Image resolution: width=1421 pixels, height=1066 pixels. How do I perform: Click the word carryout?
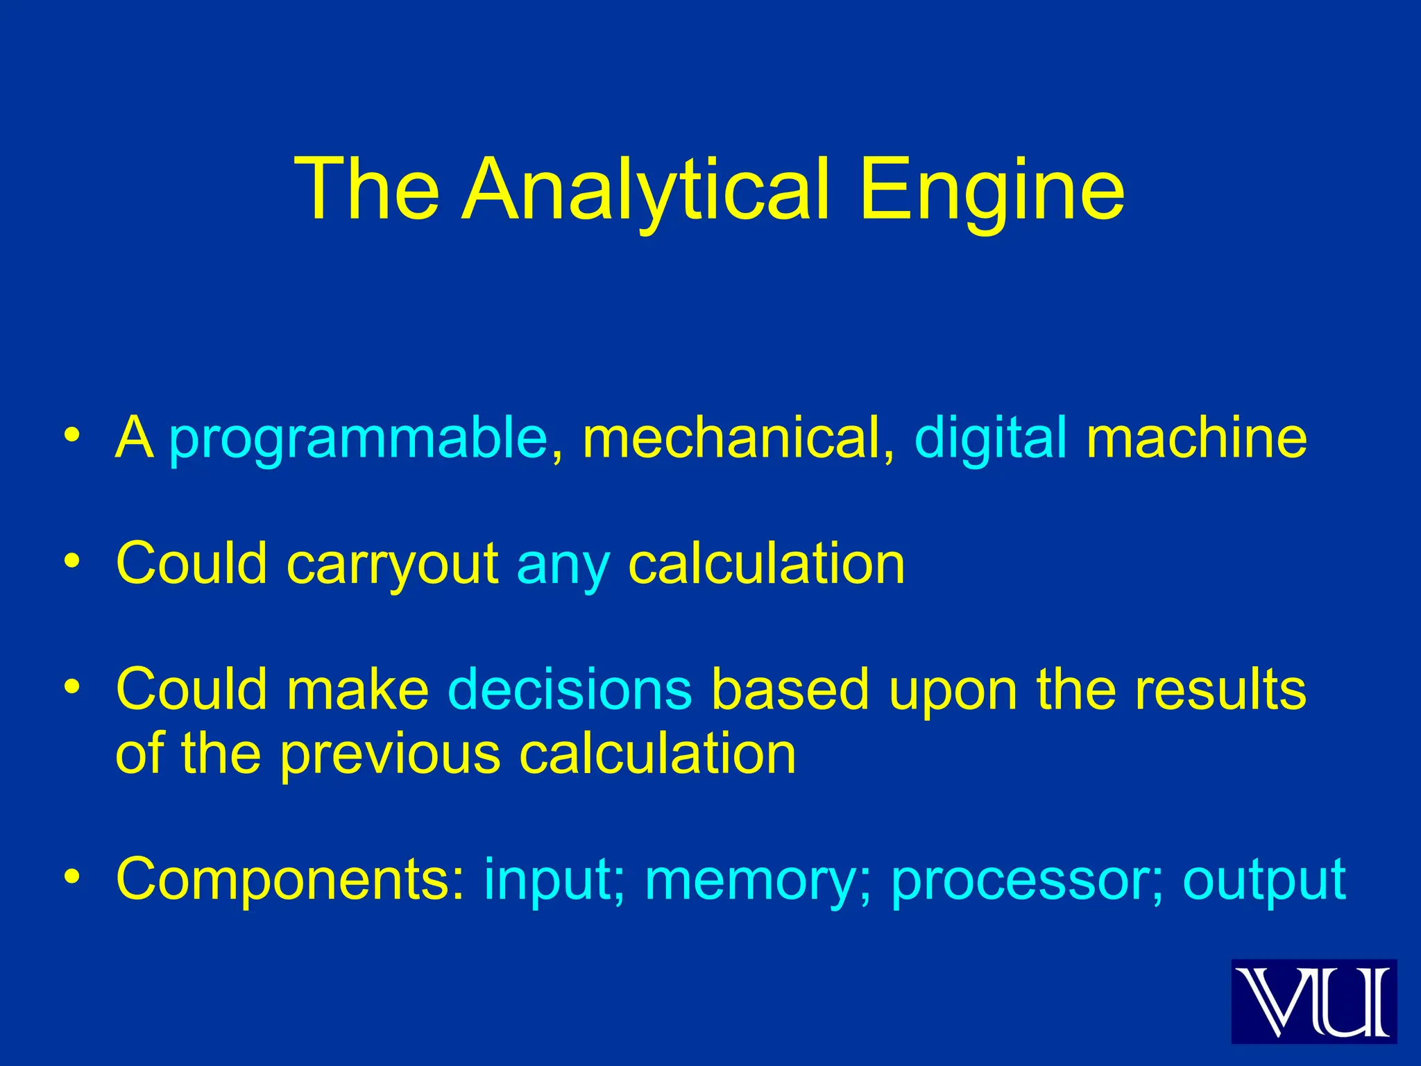pyautogui.click(x=392, y=564)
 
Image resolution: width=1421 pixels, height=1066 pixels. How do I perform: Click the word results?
pyautogui.click(x=1220, y=689)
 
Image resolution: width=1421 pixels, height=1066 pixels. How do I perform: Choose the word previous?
pyautogui.click(x=390, y=754)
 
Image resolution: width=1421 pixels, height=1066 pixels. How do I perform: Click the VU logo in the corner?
pyautogui.click(x=1313, y=1001)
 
